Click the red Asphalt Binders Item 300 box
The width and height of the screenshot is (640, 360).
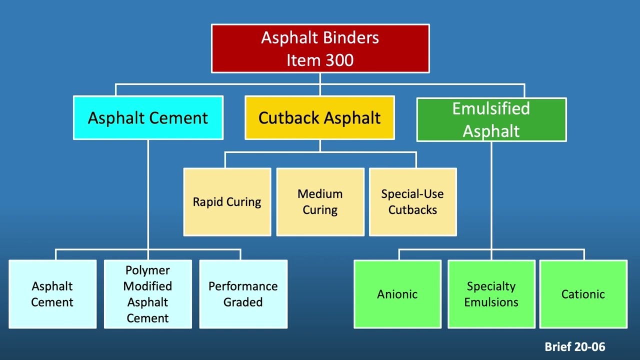(x=320, y=48)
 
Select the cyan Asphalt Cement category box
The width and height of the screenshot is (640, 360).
(x=148, y=118)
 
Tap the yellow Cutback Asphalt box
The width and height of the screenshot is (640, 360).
(x=319, y=118)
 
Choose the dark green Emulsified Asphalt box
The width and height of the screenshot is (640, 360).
(x=491, y=120)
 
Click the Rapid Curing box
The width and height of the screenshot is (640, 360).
(x=227, y=202)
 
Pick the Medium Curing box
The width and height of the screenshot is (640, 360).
(x=320, y=202)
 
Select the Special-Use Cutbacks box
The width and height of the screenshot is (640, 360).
(x=412, y=202)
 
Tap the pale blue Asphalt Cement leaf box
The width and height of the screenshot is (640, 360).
(x=52, y=294)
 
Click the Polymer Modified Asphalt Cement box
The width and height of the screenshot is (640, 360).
(x=147, y=294)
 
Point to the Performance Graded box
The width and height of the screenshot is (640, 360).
(x=243, y=294)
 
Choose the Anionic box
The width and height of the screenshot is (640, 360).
(x=397, y=294)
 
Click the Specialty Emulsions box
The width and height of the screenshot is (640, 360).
(x=491, y=294)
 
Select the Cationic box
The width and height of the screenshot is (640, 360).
(x=583, y=294)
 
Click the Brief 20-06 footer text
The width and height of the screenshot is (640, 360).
(x=574, y=346)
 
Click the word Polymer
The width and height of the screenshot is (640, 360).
(x=147, y=270)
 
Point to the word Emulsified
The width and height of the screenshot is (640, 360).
(x=491, y=109)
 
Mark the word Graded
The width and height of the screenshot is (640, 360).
(x=243, y=302)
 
